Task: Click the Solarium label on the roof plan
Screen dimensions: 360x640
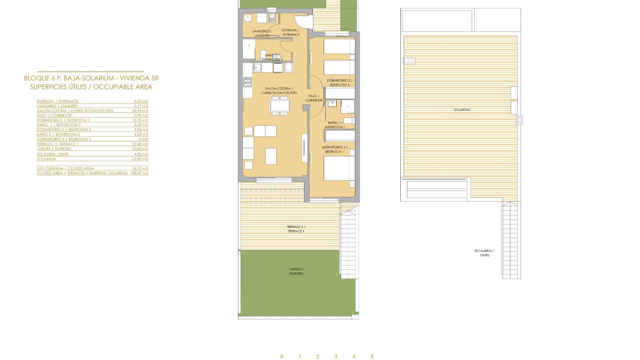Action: click(x=462, y=110)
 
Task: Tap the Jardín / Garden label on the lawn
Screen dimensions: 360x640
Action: click(x=296, y=271)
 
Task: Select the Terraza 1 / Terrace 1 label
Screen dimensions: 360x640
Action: click(x=296, y=229)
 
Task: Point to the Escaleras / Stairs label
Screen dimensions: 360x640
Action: click(x=484, y=253)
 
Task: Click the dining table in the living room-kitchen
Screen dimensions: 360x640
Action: click(x=279, y=106)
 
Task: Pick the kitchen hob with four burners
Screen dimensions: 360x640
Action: click(x=247, y=82)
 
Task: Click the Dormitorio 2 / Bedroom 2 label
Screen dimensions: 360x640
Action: click(x=339, y=83)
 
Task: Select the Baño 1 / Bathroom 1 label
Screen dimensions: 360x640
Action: click(x=335, y=125)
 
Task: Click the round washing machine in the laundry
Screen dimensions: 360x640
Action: click(x=248, y=18)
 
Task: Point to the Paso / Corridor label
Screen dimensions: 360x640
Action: click(x=314, y=98)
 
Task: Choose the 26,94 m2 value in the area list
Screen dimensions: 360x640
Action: click(x=140, y=111)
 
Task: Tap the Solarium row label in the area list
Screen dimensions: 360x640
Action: click(x=46, y=159)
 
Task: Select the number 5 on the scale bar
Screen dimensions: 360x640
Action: click(x=372, y=357)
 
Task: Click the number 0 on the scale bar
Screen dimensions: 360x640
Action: click(x=282, y=357)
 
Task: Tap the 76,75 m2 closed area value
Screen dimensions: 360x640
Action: click(x=140, y=169)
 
